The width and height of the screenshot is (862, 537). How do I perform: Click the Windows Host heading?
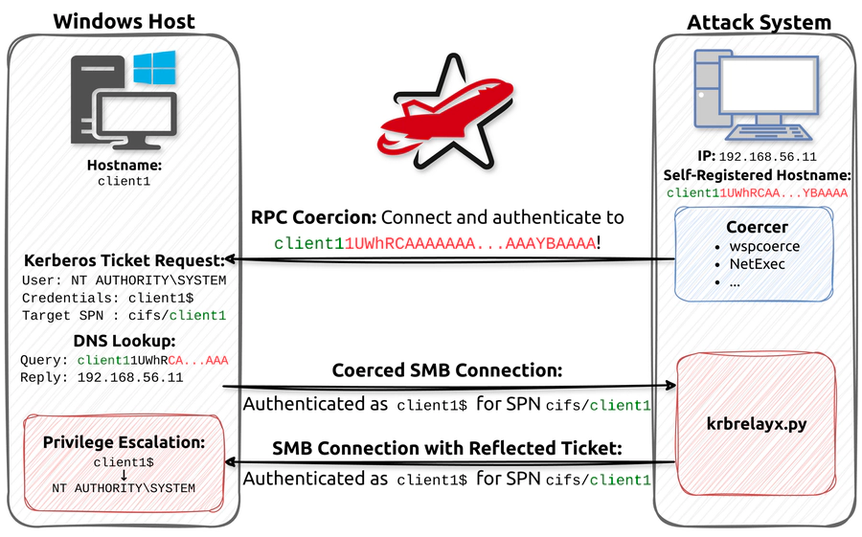pyautogui.click(x=124, y=21)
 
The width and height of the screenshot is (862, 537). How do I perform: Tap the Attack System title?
pyautogui.click(x=759, y=23)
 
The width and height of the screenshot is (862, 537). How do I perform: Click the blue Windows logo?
pyautogui.click(x=154, y=68)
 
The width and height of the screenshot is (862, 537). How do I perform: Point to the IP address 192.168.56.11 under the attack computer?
pyautogui.click(x=767, y=157)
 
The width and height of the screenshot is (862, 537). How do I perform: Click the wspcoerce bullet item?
pyautogui.click(x=764, y=246)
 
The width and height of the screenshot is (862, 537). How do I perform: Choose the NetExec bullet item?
pyautogui.click(x=757, y=264)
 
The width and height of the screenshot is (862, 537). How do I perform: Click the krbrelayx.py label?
pyautogui.click(x=757, y=424)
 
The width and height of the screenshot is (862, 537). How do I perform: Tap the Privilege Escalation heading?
pyautogui.click(x=124, y=442)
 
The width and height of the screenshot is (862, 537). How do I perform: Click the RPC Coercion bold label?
pyautogui.click(x=313, y=217)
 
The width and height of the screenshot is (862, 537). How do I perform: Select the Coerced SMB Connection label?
pyautogui.click(x=447, y=370)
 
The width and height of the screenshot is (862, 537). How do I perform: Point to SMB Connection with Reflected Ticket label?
pyautogui.click(x=447, y=449)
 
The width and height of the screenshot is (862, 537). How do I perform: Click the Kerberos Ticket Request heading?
pyautogui.click(x=125, y=260)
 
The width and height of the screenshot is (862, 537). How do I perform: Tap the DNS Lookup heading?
pyautogui.click(x=125, y=341)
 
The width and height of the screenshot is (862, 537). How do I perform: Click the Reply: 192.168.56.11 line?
pyautogui.click(x=102, y=377)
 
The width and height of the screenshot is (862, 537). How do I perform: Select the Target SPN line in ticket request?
pyautogui.click(x=124, y=316)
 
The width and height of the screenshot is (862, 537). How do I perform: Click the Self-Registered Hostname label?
pyautogui.click(x=757, y=175)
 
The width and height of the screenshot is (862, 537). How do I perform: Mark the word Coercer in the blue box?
pyautogui.click(x=757, y=227)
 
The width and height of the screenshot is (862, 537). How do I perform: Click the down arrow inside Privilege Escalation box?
pyautogui.click(x=124, y=476)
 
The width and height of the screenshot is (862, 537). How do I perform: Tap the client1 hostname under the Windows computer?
pyautogui.click(x=125, y=181)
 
